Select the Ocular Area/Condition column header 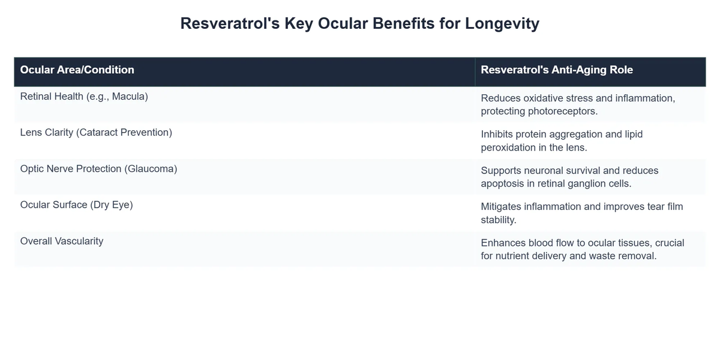click(x=77, y=70)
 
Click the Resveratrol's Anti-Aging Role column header click(x=557, y=70)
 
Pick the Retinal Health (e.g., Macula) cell click(x=83, y=96)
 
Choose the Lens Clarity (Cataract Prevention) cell click(x=96, y=132)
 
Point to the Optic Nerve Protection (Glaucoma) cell click(x=98, y=169)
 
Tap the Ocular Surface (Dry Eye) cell click(x=76, y=205)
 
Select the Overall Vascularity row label click(x=61, y=241)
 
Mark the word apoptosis click(x=504, y=184)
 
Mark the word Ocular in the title click(x=344, y=24)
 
